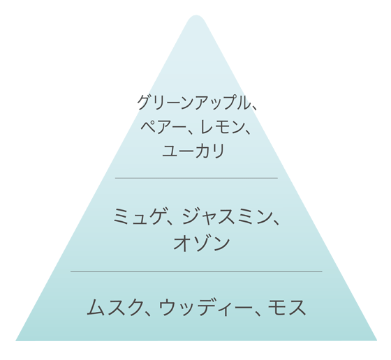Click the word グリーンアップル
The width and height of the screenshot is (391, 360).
point(193,103)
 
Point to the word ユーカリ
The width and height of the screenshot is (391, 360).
point(193,151)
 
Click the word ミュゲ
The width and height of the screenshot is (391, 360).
point(139,217)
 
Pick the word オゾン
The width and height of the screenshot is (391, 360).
point(202,243)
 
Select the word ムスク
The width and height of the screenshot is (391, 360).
point(115,308)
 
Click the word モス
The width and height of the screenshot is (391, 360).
point(287,308)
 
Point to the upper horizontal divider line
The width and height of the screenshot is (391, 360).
point(196,178)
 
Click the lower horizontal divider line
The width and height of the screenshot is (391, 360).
point(196,271)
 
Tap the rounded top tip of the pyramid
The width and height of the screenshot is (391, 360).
point(196,15)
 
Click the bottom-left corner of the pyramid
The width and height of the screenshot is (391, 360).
point(16,340)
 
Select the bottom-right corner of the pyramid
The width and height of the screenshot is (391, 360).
point(377,340)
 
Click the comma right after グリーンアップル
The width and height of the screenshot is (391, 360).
point(254,107)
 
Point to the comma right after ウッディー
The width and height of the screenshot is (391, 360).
point(258,313)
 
